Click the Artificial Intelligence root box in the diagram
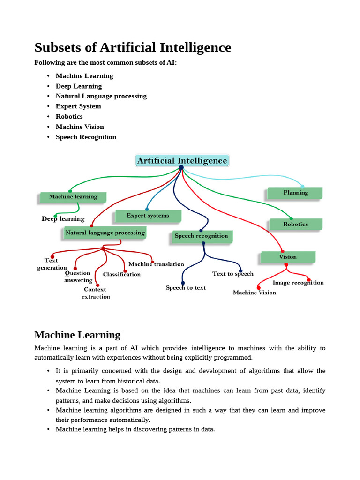tap(182, 161)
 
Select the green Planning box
tap(295, 193)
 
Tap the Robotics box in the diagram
tap(295, 224)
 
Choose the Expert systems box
tap(148, 216)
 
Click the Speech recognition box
tap(201, 236)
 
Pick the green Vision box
tap(288, 257)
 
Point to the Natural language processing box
tap(105, 232)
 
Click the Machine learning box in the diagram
tap(73, 197)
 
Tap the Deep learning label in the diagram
tap(63, 219)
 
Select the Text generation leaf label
tap(52, 264)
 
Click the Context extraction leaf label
tap(96, 293)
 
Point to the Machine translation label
tap(156, 264)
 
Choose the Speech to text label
tap(186, 288)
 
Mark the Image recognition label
tap(298, 283)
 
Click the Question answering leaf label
tap(78, 277)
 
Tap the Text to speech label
tap(233, 274)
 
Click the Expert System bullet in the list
tap(78, 106)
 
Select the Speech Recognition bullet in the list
tap(86, 137)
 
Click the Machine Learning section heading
tap(77, 335)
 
